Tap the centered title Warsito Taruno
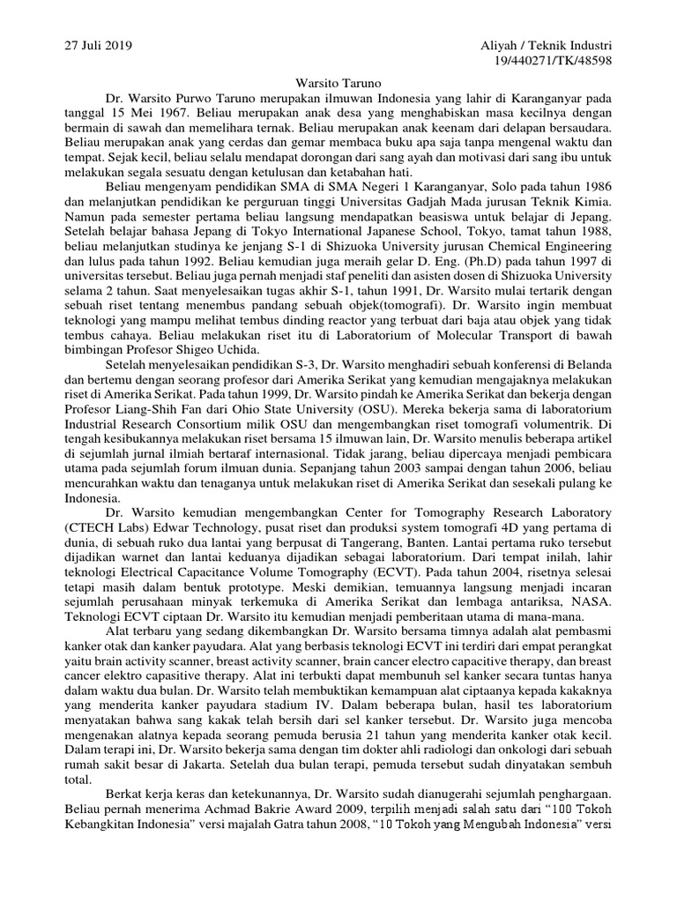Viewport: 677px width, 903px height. (x=338, y=80)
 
